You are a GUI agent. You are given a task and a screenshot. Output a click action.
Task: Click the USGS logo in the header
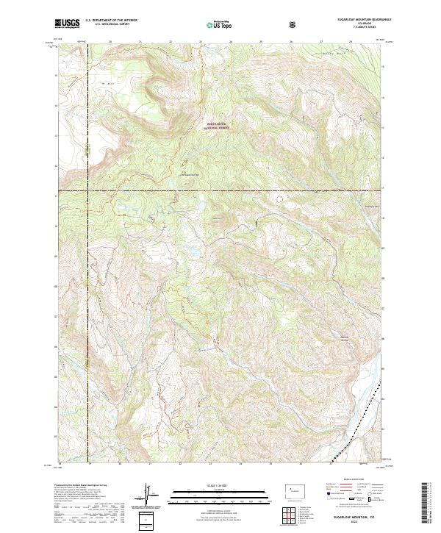tap(68, 24)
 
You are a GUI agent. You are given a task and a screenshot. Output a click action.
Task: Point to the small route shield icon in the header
tap(293, 24)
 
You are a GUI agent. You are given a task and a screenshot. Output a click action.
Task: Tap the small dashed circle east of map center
tap(278, 197)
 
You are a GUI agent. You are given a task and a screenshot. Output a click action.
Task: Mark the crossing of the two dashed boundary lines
tap(87, 191)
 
